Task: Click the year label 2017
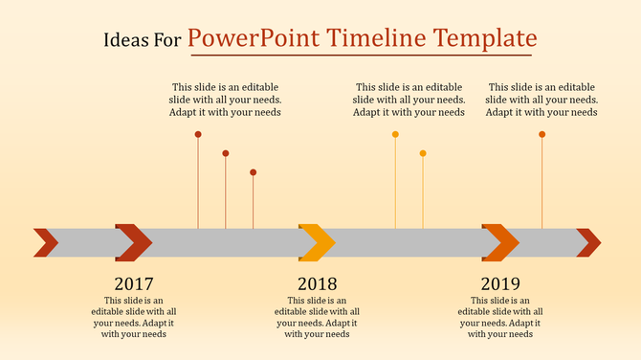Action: (134, 284)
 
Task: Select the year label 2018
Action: (317, 284)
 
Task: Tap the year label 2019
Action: (500, 284)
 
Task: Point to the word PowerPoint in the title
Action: (254, 39)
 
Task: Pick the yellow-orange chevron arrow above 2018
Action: (317, 242)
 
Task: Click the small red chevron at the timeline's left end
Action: (46, 242)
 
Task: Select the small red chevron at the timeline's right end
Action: (588, 242)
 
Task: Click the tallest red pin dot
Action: (198, 134)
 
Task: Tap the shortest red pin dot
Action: (254, 172)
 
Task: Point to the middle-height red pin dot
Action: (226, 153)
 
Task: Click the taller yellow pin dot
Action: (395, 134)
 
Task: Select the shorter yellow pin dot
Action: (423, 153)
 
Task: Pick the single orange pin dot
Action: (542, 134)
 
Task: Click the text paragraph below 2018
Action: (317, 317)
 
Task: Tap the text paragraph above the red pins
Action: (226, 100)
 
